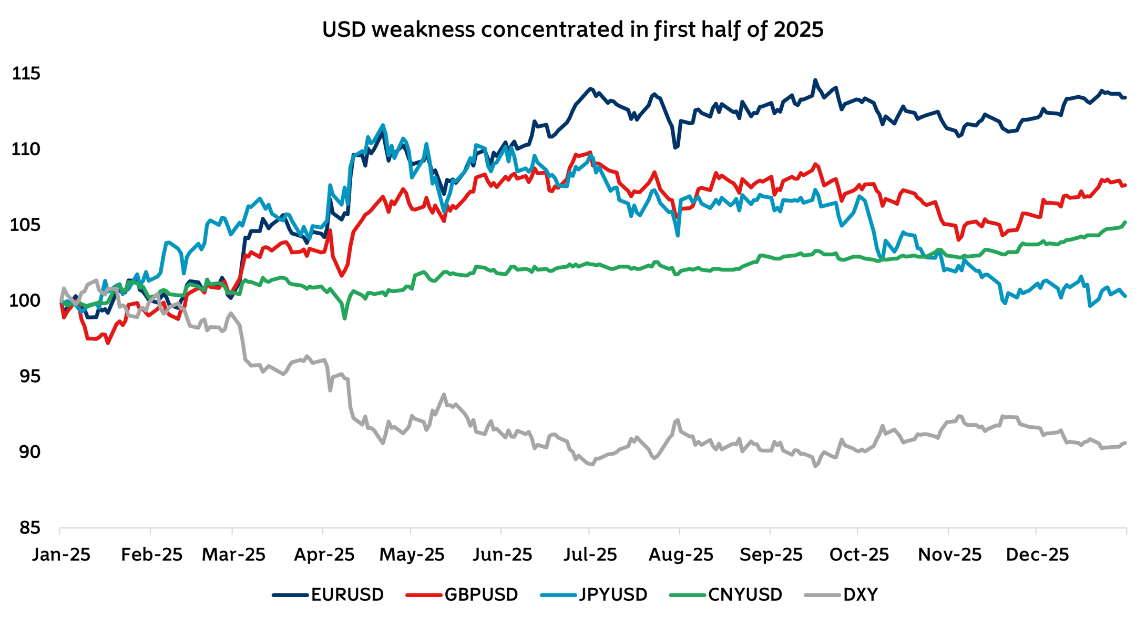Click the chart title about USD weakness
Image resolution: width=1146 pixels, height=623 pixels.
(x=572, y=29)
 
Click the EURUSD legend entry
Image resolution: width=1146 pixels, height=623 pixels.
(x=329, y=595)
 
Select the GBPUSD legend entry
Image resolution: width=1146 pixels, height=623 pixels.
(x=463, y=595)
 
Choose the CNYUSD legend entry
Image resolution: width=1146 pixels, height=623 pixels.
(x=727, y=595)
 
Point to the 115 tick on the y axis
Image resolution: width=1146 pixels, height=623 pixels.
(x=26, y=74)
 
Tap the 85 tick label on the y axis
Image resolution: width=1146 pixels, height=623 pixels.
(x=29, y=528)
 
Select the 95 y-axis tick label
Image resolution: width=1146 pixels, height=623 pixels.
(x=29, y=377)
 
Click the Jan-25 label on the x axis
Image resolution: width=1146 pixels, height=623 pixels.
(x=61, y=555)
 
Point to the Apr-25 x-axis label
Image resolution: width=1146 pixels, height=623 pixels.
(x=324, y=555)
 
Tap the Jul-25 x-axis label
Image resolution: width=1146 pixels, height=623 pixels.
(x=590, y=555)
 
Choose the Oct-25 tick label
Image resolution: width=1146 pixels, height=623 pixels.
(x=859, y=555)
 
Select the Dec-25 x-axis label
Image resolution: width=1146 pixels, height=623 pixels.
(x=1037, y=555)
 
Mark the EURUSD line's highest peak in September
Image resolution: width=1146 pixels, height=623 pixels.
(x=815, y=81)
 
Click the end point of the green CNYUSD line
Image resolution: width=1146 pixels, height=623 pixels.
(x=1125, y=222)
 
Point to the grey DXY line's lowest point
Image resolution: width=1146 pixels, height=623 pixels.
(x=815, y=466)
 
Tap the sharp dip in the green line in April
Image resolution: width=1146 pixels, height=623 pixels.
(x=345, y=318)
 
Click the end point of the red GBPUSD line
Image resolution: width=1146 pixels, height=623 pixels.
(x=1125, y=185)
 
